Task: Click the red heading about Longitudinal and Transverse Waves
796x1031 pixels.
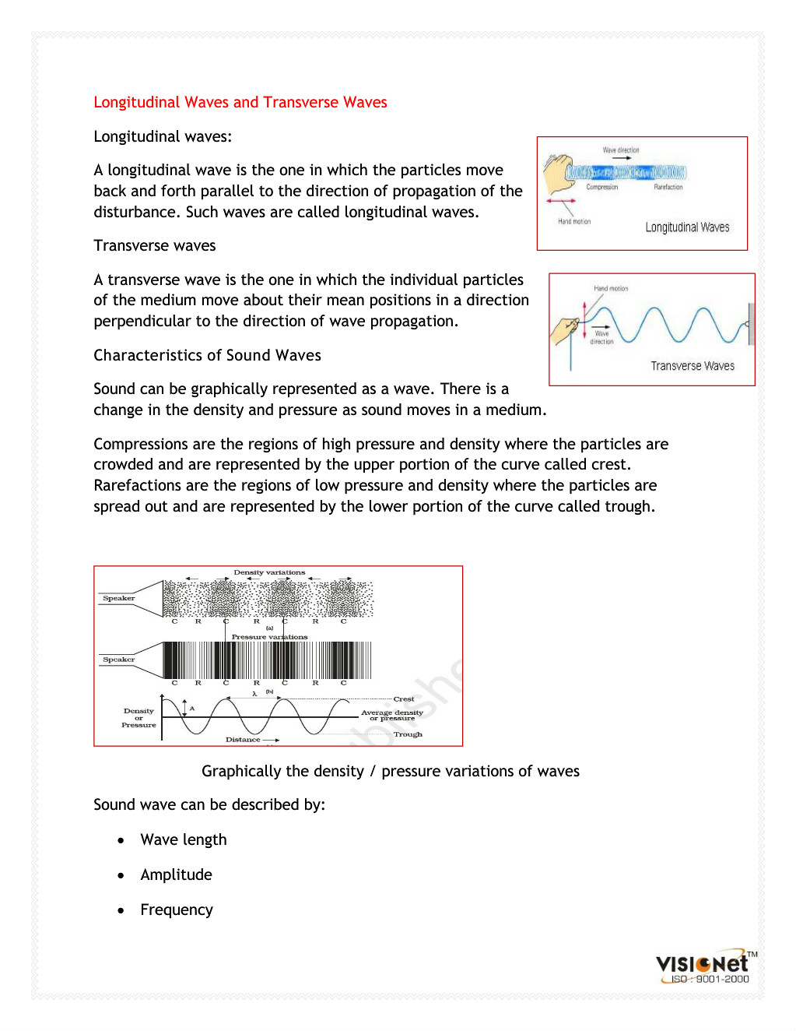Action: (240, 102)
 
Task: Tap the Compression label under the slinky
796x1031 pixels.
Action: (601, 187)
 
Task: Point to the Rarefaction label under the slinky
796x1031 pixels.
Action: (668, 187)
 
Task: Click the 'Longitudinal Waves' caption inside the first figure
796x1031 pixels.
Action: (687, 227)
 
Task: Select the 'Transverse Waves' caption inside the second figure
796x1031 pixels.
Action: (693, 366)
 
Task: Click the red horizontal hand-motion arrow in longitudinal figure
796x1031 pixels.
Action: (560, 201)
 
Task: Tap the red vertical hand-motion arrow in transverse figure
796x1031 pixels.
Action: (584, 321)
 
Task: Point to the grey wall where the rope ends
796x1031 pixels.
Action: (750, 323)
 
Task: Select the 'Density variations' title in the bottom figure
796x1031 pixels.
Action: (269, 572)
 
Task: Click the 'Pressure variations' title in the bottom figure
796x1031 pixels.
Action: (269, 637)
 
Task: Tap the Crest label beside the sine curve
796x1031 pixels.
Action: (404, 699)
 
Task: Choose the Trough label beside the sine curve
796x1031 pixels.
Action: (408, 734)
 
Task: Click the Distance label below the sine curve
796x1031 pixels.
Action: (243, 740)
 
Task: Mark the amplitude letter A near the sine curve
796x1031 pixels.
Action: (192, 709)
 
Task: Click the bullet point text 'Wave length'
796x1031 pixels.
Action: (184, 839)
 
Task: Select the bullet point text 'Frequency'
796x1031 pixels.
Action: (177, 910)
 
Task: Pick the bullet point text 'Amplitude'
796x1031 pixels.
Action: (176, 874)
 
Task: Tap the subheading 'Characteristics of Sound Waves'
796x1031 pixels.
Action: (207, 355)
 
